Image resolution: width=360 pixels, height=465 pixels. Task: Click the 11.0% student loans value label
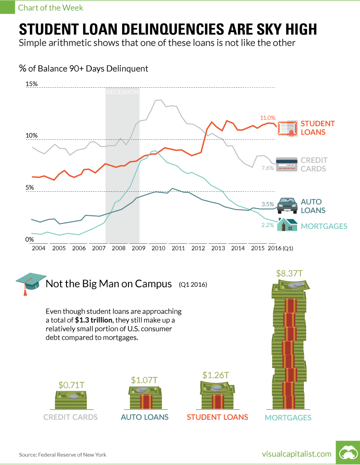coord(267,118)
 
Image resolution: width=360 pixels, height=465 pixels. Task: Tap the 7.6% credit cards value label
coord(268,168)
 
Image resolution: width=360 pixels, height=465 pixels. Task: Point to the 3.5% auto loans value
coord(268,204)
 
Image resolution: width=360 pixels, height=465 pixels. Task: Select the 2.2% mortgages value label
coord(268,225)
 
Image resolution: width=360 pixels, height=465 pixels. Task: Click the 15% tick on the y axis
coord(32,84)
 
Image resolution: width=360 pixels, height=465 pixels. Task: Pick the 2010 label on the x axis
coord(158,248)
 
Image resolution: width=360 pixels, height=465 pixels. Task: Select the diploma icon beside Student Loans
coord(288,128)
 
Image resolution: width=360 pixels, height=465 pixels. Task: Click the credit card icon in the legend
coord(286,164)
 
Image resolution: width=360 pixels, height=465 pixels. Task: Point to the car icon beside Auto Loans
coord(287,205)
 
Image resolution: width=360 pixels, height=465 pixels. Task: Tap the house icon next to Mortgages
coord(287,224)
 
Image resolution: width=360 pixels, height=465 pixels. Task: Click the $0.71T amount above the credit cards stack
coord(71,385)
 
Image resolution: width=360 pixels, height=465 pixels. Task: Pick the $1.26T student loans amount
coord(216,375)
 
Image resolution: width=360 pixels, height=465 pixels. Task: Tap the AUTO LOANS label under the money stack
coord(145,417)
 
